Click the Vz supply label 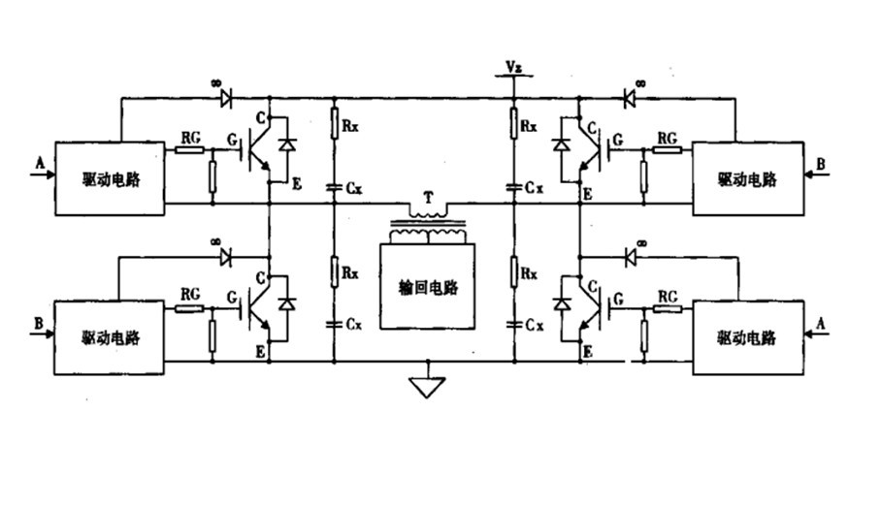pyautogui.click(x=513, y=66)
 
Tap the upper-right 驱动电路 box pyautogui.click(x=746, y=179)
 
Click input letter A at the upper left pyautogui.click(x=39, y=166)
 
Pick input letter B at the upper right pyautogui.click(x=821, y=166)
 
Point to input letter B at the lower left pyautogui.click(x=39, y=321)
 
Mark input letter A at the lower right pyautogui.click(x=821, y=321)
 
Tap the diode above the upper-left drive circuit pyautogui.click(x=227, y=97)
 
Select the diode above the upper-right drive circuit pyautogui.click(x=628, y=97)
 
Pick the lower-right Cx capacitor pyautogui.click(x=514, y=324)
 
